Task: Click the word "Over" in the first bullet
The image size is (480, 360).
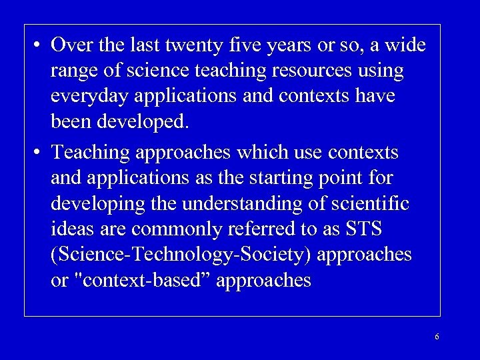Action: click(71, 45)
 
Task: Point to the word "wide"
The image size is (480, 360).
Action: click(403, 45)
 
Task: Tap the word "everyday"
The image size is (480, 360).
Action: click(89, 97)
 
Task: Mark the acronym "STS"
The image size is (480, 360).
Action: click(363, 229)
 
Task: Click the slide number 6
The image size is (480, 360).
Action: click(437, 337)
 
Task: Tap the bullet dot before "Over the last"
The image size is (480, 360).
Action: click(35, 46)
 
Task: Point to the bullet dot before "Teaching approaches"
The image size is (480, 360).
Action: click(35, 153)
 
